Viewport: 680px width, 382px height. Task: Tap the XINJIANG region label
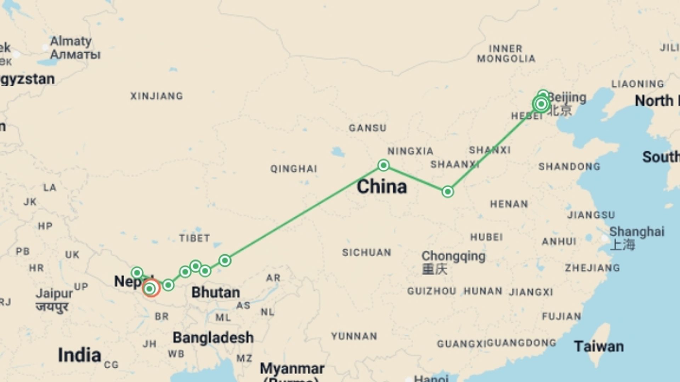157,96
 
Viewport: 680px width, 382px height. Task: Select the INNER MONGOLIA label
506,54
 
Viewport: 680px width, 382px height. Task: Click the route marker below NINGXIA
383,165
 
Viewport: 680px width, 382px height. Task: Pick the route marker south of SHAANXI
448,192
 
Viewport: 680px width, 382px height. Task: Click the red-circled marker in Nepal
150,289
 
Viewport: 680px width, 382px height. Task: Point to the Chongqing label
453,256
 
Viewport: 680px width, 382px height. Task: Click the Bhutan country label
216,293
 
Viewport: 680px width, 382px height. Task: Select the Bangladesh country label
213,337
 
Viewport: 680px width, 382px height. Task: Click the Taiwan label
599,346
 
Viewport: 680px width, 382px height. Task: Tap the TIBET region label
194,238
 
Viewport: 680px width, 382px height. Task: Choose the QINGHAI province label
294,169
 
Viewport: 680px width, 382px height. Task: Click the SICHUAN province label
367,252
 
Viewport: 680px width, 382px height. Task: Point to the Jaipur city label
54,294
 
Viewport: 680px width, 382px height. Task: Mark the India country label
79,355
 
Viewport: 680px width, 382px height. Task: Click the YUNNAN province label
354,336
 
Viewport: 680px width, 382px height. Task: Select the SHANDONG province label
569,166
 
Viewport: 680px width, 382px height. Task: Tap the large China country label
382,186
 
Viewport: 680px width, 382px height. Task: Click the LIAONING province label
637,84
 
